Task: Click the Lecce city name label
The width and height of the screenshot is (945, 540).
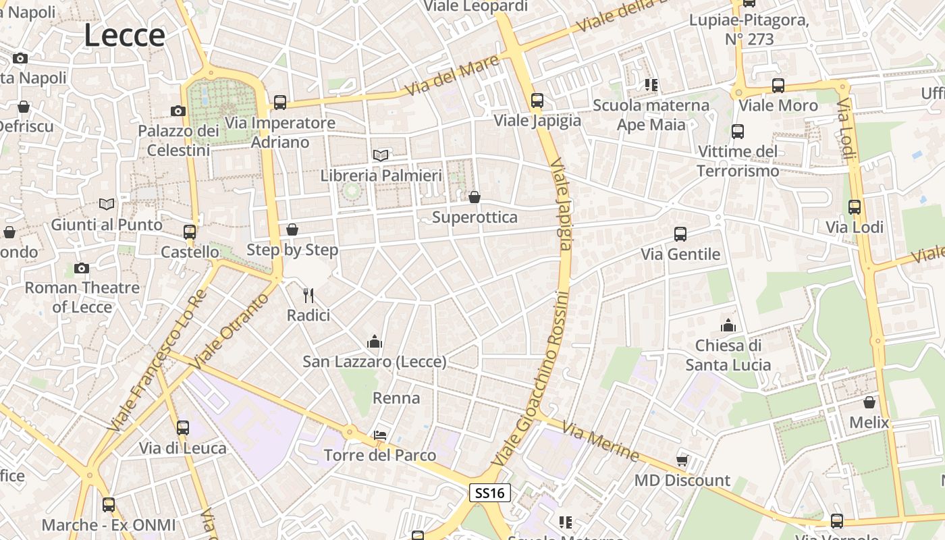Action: click(124, 35)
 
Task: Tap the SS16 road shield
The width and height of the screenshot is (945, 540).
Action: click(489, 493)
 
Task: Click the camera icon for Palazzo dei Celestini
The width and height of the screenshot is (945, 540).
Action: click(178, 111)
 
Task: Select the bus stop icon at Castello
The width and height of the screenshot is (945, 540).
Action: click(190, 232)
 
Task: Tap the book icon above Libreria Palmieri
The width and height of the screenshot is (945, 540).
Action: click(381, 155)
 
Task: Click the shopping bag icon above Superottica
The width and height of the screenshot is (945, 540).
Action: click(475, 197)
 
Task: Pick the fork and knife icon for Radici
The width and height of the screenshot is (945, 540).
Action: click(308, 295)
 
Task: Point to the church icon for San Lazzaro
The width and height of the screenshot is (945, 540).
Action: click(375, 342)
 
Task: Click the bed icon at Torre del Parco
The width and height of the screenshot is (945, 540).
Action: click(380, 435)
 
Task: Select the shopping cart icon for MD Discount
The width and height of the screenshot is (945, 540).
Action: click(682, 460)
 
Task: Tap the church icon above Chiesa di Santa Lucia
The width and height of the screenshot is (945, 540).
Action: click(728, 325)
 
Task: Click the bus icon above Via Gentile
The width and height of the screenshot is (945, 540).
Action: click(680, 234)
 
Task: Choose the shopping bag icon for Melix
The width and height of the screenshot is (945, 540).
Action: click(869, 402)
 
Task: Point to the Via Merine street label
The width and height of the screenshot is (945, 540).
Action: click(600, 442)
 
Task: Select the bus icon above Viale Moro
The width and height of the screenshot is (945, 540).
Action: click(778, 86)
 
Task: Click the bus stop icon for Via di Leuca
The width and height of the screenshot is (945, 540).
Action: click(183, 427)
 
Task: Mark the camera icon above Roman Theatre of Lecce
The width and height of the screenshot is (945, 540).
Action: click(82, 268)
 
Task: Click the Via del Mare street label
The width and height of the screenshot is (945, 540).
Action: click(452, 75)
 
